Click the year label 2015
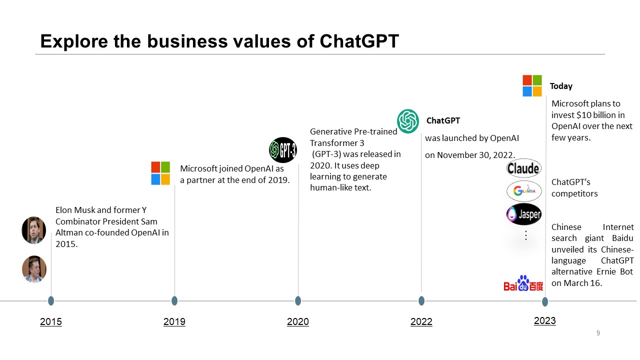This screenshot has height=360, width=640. pyautogui.click(x=50, y=321)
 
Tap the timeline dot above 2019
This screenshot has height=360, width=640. pyautogui.click(x=174, y=300)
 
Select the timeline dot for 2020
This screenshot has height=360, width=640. pyautogui.click(x=298, y=300)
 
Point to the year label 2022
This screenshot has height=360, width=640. pyautogui.click(x=421, y=321)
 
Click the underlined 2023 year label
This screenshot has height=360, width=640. pyautogui.click(x=544, y=320)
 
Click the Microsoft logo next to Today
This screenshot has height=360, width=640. pyautogui.click(x=532, y=85)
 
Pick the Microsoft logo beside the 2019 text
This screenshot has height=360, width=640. pyautogui.click(x=160, y=173)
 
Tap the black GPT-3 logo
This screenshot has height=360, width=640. pyautogui.click(x=283, y=149)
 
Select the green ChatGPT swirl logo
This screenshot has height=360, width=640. pyautogui.click(x=408, y=121)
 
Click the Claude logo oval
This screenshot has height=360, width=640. pyautogui.click(x=523, y=168)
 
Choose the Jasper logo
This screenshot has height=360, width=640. pyautogui.click(x=523, y=214)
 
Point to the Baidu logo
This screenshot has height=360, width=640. pyautogui.click(x=523, y=283)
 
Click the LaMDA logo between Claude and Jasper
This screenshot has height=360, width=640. pyautogui.click(x=523, y=191)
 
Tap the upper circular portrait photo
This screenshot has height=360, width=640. pyautogui.click(x=34, y=230)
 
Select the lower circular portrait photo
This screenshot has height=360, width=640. pyautogui.click(x=34, y=269)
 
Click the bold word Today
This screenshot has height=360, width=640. pyautogui.click(x=561, y=86)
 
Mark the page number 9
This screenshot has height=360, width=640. pyautogui.click(x=598, y=333)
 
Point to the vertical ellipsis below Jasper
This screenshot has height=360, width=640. pyautogui.click(x=525, y=235)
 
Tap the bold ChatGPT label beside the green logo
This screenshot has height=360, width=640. pyautogui.click(x=443, y=120)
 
